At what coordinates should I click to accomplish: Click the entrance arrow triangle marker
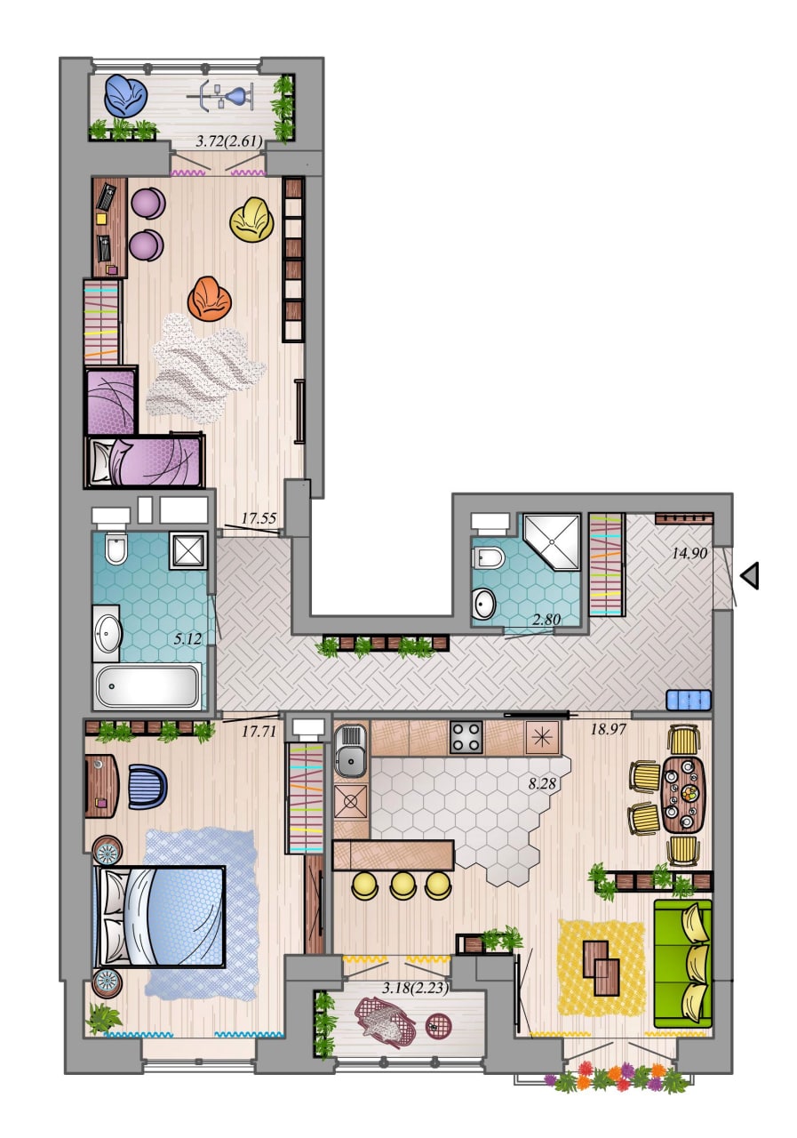(x=751, y=575)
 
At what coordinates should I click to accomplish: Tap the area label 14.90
(x=689, y=553)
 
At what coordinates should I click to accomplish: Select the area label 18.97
(x=608, y=730)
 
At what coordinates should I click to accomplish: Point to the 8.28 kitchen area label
(x=542, y=783)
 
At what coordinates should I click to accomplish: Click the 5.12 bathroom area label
(x=187, y=639)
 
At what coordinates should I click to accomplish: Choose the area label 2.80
(x=546, y=620)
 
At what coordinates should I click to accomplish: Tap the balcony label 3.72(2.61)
(x=229, y=141)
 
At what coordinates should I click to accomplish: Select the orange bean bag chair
(x=209, y=300)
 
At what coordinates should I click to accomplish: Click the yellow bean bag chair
(x=251, y=219)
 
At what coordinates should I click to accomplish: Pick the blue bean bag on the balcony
(x=126, y=96)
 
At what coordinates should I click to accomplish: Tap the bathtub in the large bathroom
(x=147, y=686)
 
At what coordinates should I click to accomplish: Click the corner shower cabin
(x=551, y=542)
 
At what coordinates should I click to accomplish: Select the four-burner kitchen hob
(x=466, y=737)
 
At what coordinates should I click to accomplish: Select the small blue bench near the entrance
(x=689, y=700)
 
